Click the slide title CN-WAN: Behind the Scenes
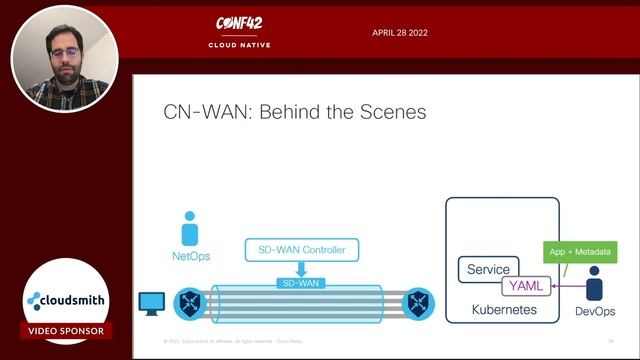tap(295, 112)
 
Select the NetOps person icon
tap(190, 229)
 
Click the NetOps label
tap(190, 257)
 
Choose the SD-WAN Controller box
tap(301, 250)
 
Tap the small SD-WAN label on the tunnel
tap(301, 284)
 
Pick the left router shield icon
tap(188, 301)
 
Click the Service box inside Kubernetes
tap(488, 269)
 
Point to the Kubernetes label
tap(504, 311)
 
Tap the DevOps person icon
tap(594, 284)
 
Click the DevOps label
tap(595, 313)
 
